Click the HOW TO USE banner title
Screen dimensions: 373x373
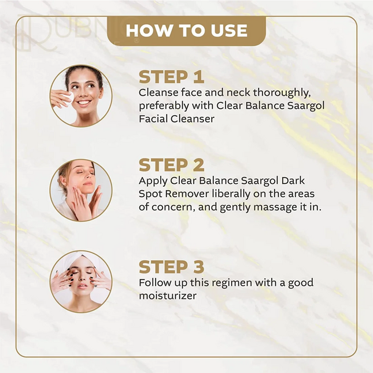187,31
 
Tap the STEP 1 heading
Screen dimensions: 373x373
172,76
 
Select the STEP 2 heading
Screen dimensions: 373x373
172,165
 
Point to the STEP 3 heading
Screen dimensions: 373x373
172,267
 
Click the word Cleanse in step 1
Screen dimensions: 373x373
158,93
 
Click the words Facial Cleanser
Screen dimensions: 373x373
176,119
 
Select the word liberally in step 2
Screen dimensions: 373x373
231,194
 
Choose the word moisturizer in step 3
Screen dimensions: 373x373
168,296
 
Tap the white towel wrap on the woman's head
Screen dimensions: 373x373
82,259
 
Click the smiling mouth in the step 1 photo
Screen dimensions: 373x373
84,103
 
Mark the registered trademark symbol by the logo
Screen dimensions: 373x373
136,40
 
